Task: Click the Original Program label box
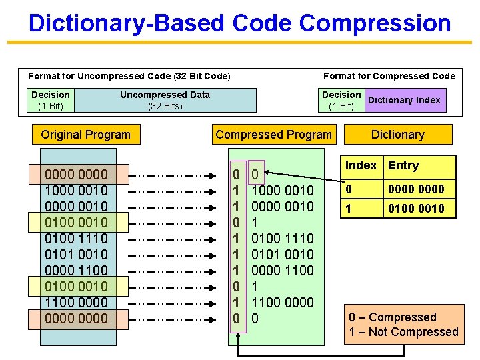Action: [85, 135]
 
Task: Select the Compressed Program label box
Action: [273, 135]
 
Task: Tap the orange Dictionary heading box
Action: [398, 135]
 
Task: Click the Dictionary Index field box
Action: [404, 101]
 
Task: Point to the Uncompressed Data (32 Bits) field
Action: [165, 101]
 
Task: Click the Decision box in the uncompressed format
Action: [51, 101]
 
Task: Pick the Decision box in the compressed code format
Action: [341, 101]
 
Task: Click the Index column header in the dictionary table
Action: [361, 165]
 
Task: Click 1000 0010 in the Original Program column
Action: [75, 191]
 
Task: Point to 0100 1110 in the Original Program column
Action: [75, 239]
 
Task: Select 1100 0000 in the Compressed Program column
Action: [282, 303]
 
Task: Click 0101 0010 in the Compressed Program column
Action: [282, 255]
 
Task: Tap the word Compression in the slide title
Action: [375, 23]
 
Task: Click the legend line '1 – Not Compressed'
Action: [403, 332]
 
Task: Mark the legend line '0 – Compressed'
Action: [393, 317]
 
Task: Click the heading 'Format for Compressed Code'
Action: [389, 76]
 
